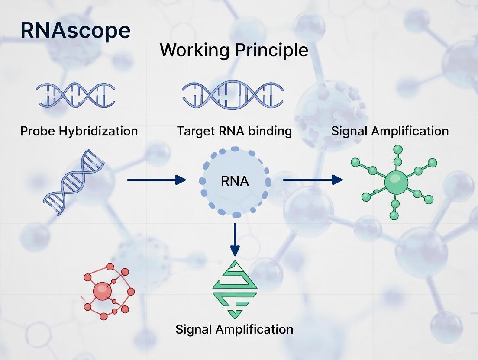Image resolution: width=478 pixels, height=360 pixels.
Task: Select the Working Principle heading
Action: [x=234, y=51]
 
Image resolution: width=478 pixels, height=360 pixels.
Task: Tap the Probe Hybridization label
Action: [x=79, y=131]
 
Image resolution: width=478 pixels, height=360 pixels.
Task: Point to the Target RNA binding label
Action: [x=234, y=131]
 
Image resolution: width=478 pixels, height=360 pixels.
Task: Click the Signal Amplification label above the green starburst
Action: [x=390, y=131]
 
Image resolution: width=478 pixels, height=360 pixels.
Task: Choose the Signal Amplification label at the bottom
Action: [x=234, y=329]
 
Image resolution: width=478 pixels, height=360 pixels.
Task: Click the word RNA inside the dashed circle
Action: [x=235, y=181]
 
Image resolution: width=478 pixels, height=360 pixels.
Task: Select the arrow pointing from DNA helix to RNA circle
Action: [x=156, y=180]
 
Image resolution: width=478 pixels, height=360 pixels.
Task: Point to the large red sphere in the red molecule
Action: [x=103, y=291]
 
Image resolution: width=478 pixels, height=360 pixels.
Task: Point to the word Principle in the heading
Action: [x=271, y=51]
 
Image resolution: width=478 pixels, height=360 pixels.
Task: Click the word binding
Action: [x=270, y=131]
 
